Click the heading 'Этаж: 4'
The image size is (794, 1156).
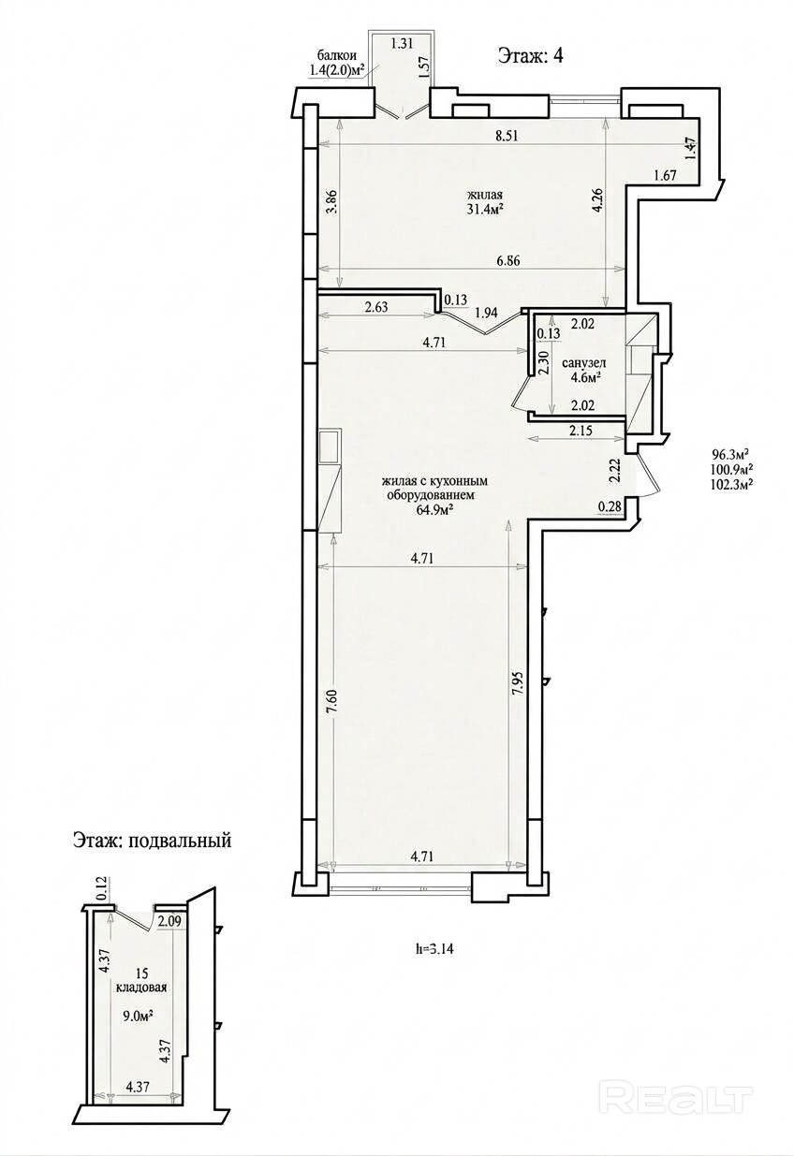pyautogui.click(x=530, y=55)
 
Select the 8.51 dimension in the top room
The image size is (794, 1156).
pyautogui.click(x=506, y=137)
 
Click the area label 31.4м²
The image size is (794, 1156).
pyautogui.click(x=485, y=210)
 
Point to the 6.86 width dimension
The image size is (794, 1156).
pyautogui.click(x=508, y=261)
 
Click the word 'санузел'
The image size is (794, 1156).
pyautogui.click(x=584, y=363)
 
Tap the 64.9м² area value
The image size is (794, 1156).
pyautogui.click(x=434, y=510)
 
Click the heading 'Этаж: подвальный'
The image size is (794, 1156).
pyautogui.click(x=152, y=841)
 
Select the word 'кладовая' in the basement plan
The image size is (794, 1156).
pyautogui.click(x=141, y=988)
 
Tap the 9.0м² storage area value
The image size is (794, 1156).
pyautogui.click(x=140, y=1017)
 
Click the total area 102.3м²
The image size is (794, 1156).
pyautogui.click(x=730, y=485)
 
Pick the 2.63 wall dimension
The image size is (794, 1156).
pyautogui.click(x=375, y=308)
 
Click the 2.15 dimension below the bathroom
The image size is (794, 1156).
pyautogui.click(x=581, y=430)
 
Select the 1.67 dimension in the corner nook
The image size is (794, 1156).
pyautogui.click(x=665, y=176)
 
